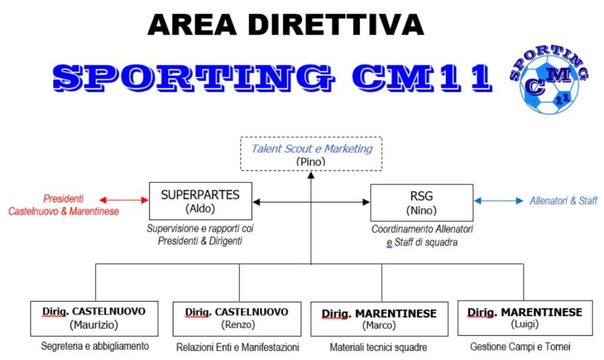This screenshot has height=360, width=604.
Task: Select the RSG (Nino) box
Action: pyautogui.click(x=421, y=202)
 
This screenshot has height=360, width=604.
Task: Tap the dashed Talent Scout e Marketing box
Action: pyautogui.click(x=311, y=154)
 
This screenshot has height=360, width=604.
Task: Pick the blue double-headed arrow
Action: pyautogui.click(x=498, y=201)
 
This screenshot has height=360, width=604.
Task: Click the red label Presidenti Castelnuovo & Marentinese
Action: pyautogui.click(x=64, y=205)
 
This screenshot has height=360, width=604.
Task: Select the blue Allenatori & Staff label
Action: pyautogui.click(x=563, y=201)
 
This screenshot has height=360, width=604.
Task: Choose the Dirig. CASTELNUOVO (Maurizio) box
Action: pyautogui.click(x=94, y=319)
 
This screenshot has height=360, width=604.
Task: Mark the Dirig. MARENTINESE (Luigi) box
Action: pyautogui.click(x=524, y=319)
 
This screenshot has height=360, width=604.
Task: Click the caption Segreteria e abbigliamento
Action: pyautogui.click(x=95, y=346)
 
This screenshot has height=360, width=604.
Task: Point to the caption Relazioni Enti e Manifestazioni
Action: pyautogui.click(x=238, y=347)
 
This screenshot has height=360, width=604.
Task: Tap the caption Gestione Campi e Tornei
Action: pyautogui.click(x=520, y=347)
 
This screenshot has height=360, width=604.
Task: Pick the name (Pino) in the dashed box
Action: pyautogui.click(x=311, y=161)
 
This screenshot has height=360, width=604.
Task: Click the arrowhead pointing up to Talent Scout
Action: pyautogui.click(x=311, y=175)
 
